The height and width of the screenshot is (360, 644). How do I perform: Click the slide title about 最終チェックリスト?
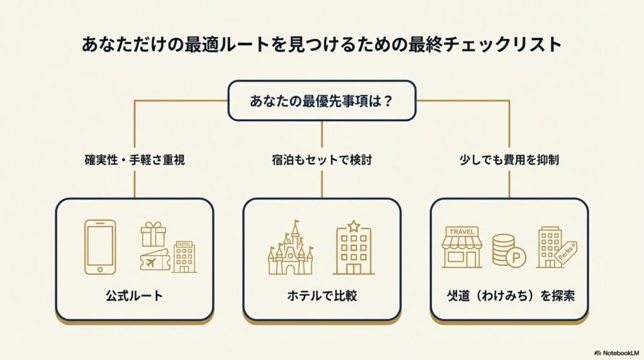(x=321, y=45)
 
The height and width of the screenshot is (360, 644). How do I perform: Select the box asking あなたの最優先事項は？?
(x=321, y=100)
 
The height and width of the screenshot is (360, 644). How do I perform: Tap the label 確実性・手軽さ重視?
(x=135, y=160)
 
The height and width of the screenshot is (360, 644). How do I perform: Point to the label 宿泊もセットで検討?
(x=321, y=160)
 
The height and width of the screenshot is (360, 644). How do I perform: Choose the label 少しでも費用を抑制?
(x=509, y=160)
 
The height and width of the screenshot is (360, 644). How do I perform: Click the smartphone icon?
(x=100, y=247)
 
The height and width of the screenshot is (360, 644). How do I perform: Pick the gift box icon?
(x=152, y=234)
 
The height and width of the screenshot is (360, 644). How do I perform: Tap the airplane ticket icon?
(x=155, y=261)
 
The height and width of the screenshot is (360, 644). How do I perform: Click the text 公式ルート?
(x=135, y=296)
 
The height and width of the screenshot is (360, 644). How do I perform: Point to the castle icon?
(x=291, y=250)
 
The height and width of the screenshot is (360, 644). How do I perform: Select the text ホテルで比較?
(x=321, y=296)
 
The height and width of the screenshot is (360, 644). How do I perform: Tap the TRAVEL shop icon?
(x=462, y=247)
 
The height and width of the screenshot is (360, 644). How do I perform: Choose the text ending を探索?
(x=509, y=296)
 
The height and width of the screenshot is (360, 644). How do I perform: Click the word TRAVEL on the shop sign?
(x=462, y=231)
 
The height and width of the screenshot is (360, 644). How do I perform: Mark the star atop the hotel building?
(x=353, y=225)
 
